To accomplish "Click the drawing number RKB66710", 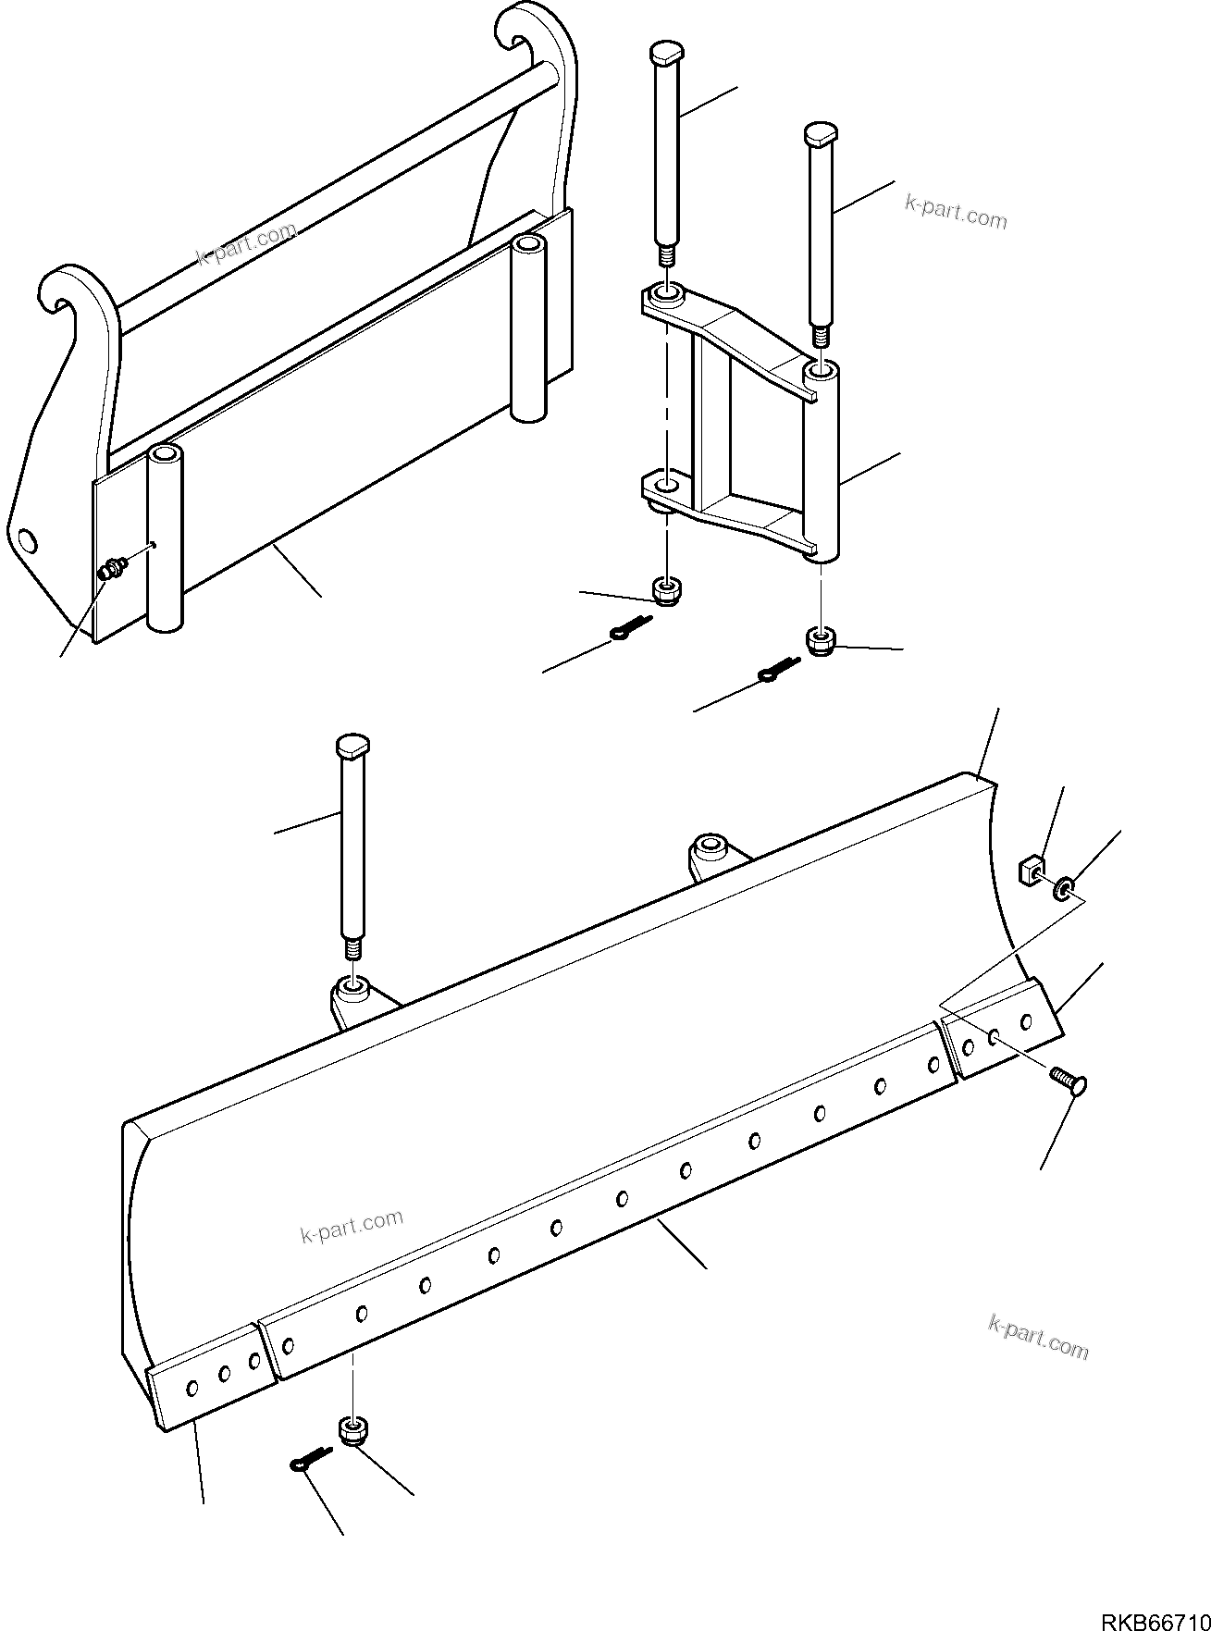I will (x=1154, y=1619).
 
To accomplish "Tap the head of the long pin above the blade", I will (x=352, y=746).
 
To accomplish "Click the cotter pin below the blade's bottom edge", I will (x=308, y=1459).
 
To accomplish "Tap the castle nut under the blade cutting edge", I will (x=352, y=1433).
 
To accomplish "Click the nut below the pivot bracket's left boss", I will (x=664, y=589).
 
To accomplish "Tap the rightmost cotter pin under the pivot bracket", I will (x=776, y=671).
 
